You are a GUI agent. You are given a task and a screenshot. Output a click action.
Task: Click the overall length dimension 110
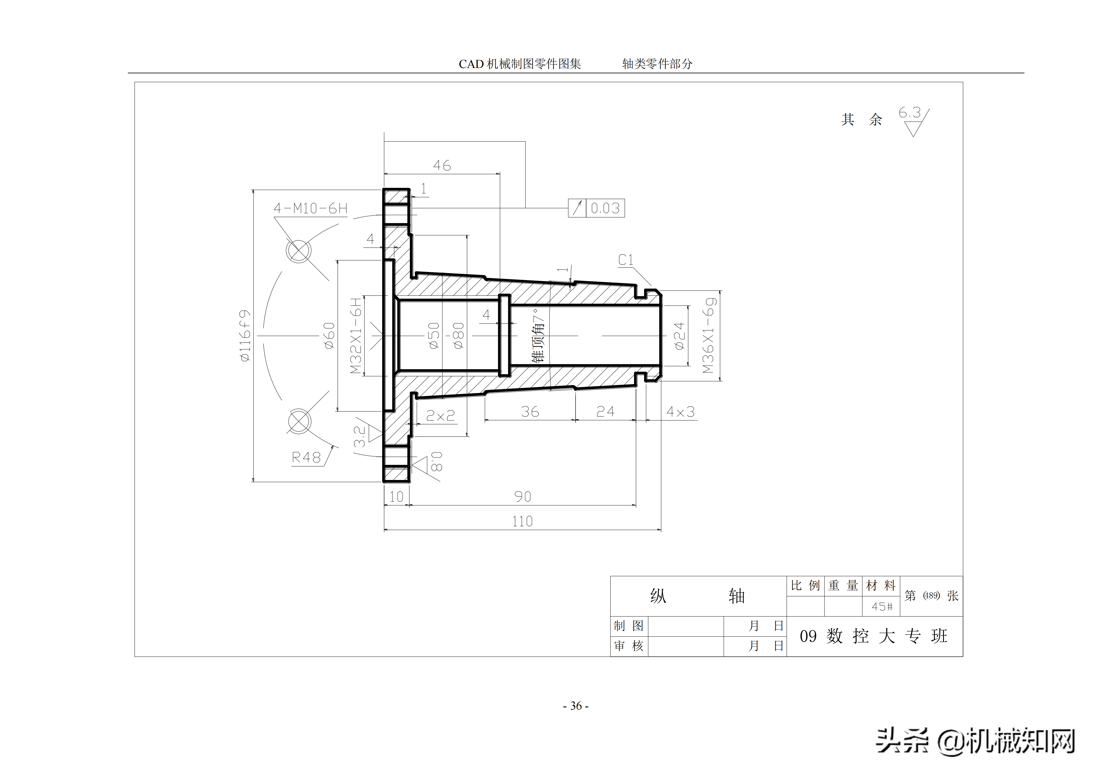522,521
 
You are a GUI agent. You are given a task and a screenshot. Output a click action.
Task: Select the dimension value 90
523,497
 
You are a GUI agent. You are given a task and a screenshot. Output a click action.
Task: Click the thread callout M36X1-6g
709,335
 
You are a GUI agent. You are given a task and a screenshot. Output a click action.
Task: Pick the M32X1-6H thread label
356,335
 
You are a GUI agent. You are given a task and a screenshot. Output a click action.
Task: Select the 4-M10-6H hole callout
310,208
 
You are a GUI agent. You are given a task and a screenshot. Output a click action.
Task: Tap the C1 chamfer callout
626,260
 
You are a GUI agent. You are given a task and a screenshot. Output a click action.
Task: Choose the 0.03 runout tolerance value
605,208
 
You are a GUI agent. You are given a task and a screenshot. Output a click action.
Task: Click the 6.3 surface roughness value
909,112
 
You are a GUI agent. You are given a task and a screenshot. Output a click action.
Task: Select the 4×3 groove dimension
680,412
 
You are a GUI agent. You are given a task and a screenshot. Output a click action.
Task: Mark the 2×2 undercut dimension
440,415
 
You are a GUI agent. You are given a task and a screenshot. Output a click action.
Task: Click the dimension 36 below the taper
530,412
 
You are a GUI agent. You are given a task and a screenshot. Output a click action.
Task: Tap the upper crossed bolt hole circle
298,250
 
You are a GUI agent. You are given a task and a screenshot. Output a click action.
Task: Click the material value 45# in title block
882,607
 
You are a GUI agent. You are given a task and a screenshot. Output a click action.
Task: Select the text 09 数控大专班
873,636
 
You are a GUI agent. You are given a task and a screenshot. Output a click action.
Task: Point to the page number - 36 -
576,706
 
